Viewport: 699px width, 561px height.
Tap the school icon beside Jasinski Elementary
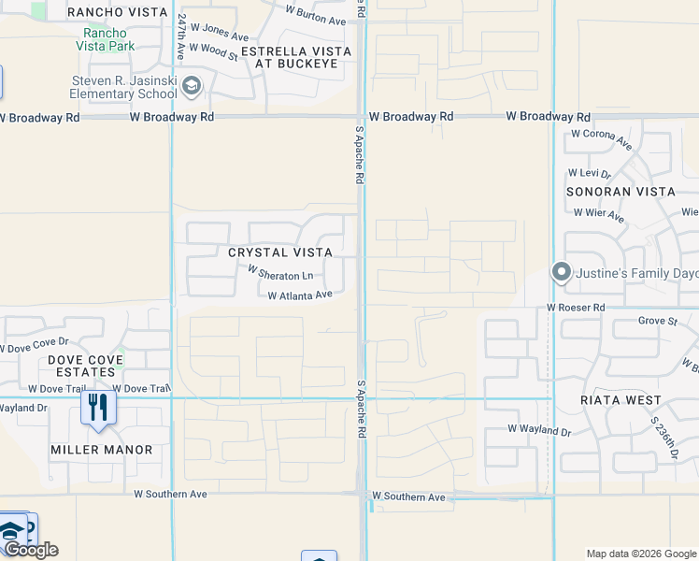[192, 87]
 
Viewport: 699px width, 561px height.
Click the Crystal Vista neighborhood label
[280, 252]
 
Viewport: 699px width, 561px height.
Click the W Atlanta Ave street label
[300, 295]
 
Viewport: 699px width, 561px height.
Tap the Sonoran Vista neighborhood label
[621, 192]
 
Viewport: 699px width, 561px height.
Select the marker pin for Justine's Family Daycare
[562, 273]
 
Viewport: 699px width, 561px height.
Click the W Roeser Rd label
[577, 308]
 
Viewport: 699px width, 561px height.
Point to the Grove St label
[657, 322]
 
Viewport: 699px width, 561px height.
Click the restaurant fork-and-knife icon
[97, 407]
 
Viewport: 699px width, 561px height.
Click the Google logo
[31, 550]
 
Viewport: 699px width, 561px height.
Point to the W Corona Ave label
[602, 135]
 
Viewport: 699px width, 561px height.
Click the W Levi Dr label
[590, 174]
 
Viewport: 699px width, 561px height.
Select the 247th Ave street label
[181, 37]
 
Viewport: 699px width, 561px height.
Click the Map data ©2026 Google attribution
[640, 554]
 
